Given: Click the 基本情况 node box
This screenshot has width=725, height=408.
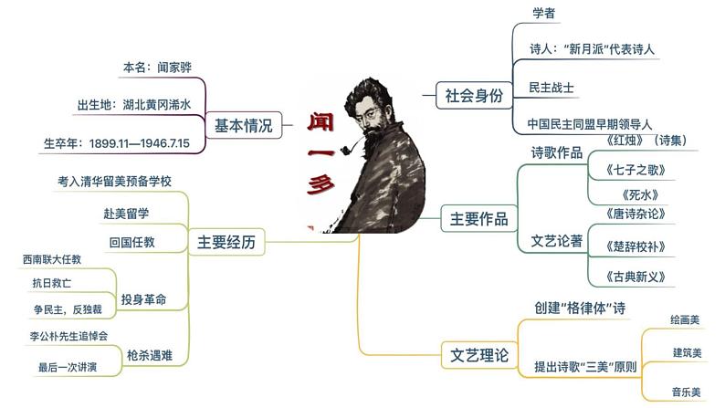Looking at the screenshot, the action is tap(244, 125).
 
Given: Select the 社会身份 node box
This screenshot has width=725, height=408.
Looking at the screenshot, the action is tap(475, 96).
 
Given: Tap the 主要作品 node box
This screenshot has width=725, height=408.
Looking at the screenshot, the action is tap(478, 218).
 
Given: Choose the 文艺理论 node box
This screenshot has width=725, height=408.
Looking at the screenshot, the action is tap(479, 355).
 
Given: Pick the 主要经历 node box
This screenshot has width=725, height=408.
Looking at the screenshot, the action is tap(226, 242).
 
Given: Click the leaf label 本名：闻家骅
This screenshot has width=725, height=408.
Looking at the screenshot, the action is tap(157, 68).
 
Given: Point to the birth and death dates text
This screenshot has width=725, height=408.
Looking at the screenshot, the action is tap(117, 143).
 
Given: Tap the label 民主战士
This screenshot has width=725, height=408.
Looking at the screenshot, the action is tap(552, 88).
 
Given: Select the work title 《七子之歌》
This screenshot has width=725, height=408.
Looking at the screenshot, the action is tap(636, 170).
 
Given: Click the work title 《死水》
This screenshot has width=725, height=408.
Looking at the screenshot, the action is tap(640, 194).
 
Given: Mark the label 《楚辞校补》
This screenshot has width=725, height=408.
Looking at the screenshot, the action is tap(636, 246).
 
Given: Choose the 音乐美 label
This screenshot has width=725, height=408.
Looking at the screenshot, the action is tap(686, 392).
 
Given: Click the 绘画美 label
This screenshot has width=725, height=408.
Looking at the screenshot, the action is tap(685, 319).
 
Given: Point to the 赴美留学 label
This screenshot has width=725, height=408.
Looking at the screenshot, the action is tap(126, 214).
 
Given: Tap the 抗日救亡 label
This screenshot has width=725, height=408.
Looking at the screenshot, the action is tap(52, 283).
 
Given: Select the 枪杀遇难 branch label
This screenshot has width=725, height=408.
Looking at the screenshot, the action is tap(150, 355).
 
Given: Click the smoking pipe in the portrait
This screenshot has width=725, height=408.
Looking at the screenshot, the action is tap(351, 147).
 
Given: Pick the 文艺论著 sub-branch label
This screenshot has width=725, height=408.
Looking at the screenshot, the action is tap(557, 241).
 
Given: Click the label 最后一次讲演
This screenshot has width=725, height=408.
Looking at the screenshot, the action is tap(68, 367).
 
